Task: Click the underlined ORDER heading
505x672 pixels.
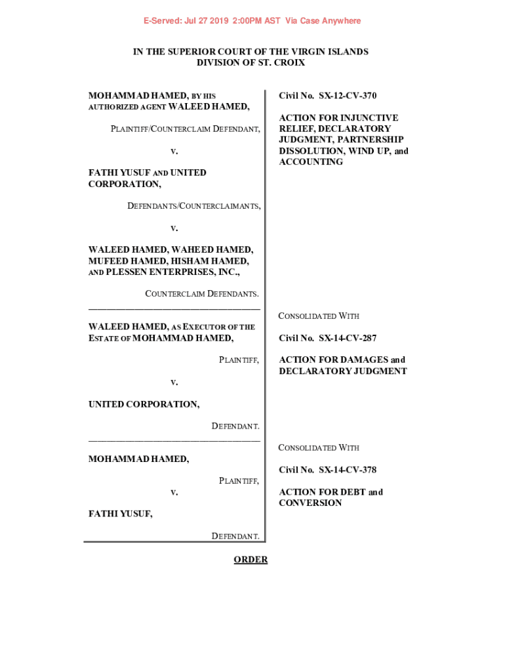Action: (251, 560)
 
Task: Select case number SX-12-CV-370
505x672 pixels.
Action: (348, 96)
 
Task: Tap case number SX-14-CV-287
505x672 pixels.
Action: (348, 338)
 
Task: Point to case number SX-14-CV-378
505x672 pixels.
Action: (348, 470)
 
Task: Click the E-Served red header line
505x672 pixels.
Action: (253, 21)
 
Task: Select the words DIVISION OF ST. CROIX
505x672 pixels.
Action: (251, 63)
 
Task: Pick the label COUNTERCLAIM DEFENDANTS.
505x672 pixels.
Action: (201, 293)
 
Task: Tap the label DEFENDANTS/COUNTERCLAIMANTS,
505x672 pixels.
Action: (193, 206)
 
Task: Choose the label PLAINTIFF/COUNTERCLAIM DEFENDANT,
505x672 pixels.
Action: (185, 129)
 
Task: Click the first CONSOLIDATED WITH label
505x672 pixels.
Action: (319, 316)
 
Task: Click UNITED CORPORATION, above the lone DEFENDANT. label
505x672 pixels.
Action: (144, 404)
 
